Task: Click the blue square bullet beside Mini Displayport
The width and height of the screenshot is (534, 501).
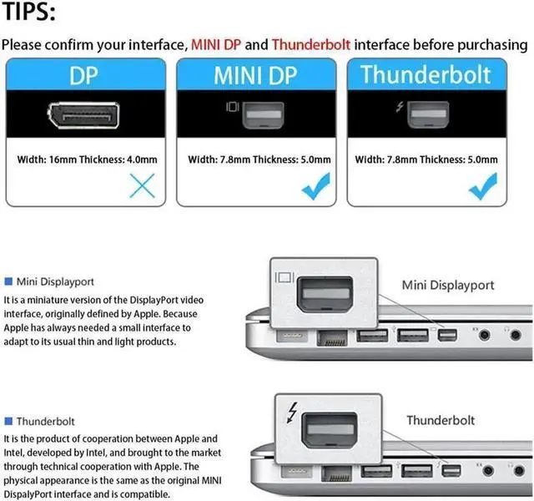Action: (8, 282)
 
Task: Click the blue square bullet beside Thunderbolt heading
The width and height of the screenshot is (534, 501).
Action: (8, 421)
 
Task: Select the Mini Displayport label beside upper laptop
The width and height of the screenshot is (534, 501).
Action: (448, 285)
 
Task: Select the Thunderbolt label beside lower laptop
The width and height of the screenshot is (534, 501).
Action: (441, 420)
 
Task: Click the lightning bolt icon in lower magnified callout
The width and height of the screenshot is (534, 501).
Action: (290, 413)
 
